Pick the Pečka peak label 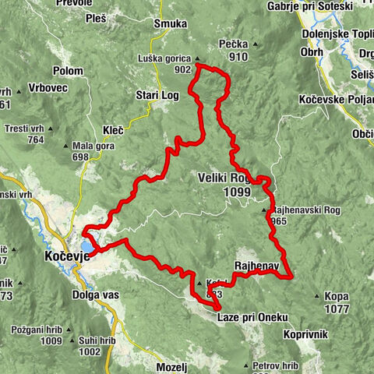236,46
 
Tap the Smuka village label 171,23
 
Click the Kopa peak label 337,297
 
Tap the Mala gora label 89,146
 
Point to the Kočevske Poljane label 336,100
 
